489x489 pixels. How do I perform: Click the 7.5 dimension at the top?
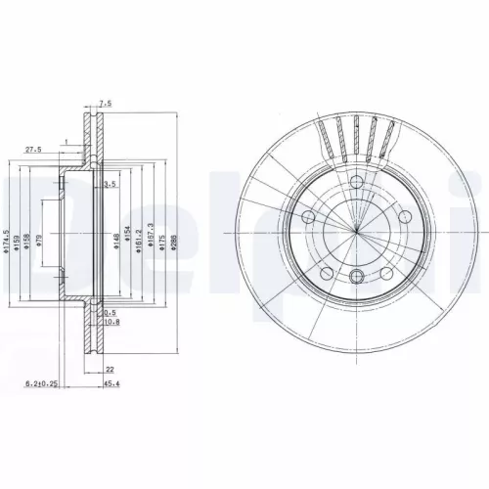106,101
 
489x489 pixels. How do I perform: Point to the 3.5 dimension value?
111,183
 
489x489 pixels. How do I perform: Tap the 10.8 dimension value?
112,321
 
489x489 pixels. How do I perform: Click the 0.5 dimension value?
111,313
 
